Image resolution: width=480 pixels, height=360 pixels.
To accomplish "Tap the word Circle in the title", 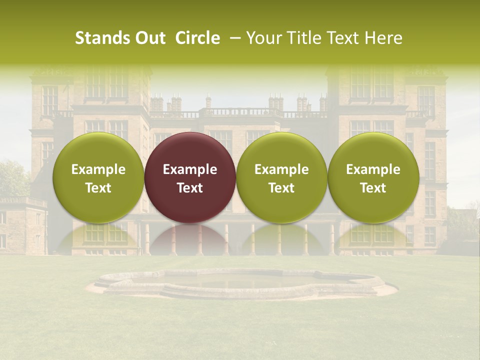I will click(197, 38).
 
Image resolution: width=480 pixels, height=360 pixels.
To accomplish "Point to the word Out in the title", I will click(149, 38).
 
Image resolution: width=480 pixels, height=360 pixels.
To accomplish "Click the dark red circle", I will click(190, 177).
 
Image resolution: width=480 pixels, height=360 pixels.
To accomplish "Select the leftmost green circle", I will click(98, 177).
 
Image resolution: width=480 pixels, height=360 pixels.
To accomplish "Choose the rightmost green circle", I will click(373, 177).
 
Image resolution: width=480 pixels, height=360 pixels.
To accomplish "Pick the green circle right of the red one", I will click(281, 177).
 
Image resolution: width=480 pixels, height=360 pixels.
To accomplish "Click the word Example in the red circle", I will click(190, 169).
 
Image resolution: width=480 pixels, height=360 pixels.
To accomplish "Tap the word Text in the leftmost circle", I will click(98, 188).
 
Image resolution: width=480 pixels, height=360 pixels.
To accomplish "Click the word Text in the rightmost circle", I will click(373, 188).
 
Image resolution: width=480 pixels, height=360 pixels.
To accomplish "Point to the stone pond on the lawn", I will click(240, 283).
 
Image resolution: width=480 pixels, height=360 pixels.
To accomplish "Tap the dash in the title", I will click(233, 38).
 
